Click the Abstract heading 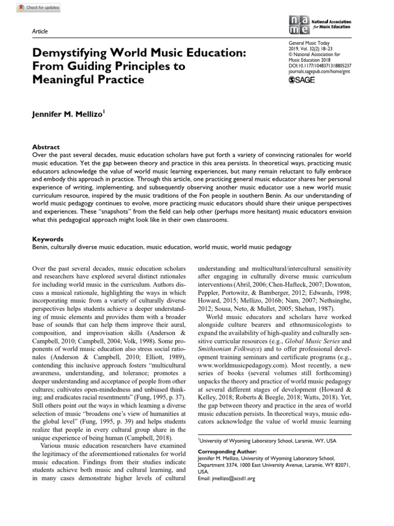click(46, 146)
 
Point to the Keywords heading click(48, 239)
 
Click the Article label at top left click(40, 31)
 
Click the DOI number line click(320, 66)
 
